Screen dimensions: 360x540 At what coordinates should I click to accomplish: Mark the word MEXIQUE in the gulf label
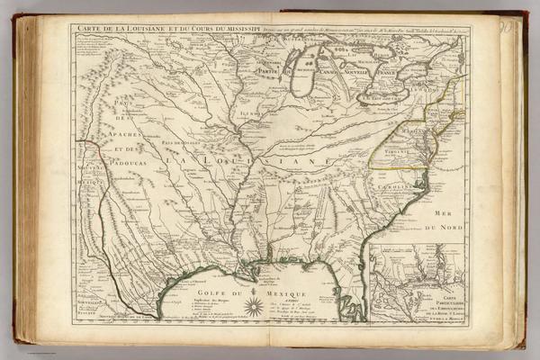click(292, 295)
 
